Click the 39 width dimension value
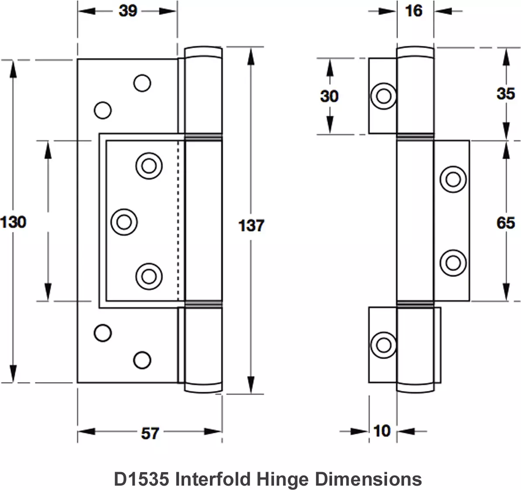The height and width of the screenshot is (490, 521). click(128, 10)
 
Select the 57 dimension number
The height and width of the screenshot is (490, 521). click(150, 433)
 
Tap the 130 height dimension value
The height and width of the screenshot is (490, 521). click(14, 222)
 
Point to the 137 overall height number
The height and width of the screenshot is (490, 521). click(251, 225)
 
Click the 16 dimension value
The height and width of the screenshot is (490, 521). click(413, 10)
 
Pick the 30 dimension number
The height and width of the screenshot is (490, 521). click(329, 96)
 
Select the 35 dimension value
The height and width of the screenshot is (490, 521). click(505, 93)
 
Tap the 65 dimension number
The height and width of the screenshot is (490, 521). click(505, 223)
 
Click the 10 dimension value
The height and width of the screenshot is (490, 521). click(382, 431)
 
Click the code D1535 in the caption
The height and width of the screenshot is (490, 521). click(141, 479)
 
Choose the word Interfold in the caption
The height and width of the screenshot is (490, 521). click(213, 479)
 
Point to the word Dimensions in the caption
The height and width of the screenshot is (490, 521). click(368, 479)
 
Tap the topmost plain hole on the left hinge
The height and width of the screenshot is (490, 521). click(142, 83)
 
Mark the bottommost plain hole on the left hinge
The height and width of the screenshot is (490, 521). click(142, 360)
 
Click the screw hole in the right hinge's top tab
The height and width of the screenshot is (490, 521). click(384, 96)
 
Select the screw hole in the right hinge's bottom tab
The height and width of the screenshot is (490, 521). click(384, 345)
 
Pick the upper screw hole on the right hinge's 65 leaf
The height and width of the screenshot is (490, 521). click(453, 179)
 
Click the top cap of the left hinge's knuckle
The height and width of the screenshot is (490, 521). click(203, 53)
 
